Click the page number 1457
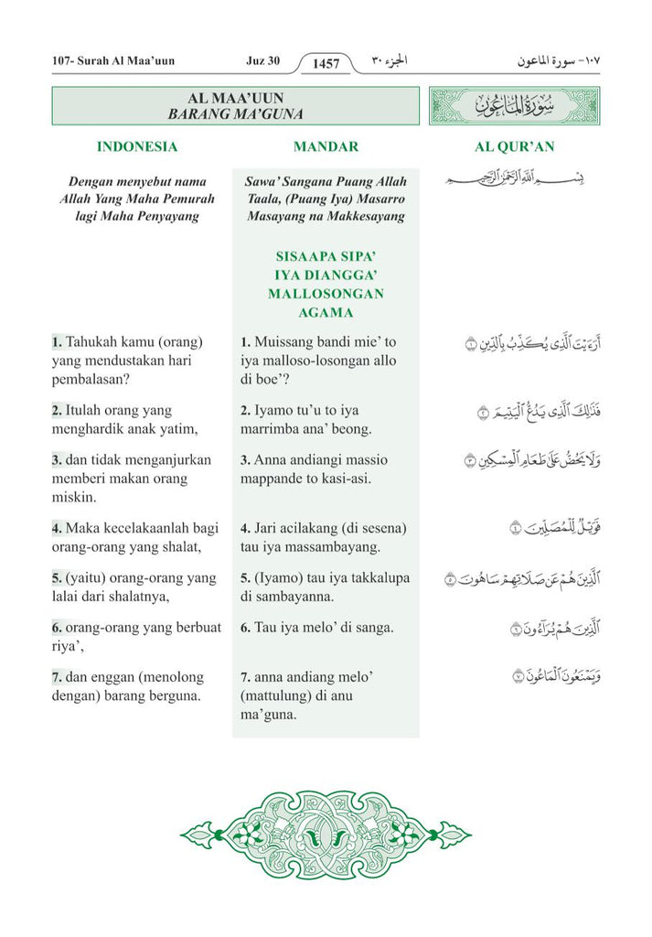tap(326, 64)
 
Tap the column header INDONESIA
tap(137, 146)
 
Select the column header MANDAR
tap(326, 146)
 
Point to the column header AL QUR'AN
tap(514, 146)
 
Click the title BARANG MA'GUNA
tap(235, 114)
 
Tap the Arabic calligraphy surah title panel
tap(514, 106)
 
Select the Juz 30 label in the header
tap(262, 61)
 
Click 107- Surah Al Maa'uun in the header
tap(113, 61)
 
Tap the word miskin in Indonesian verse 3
tap(73, 498)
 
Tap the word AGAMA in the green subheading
tap(326, 313)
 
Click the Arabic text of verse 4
tap(535, 528)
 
